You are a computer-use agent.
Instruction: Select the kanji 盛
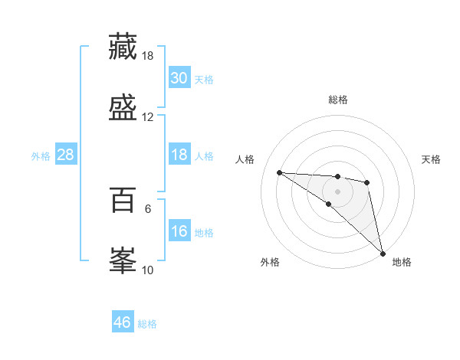coord(123,108)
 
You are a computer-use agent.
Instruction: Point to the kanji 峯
coord(123,260)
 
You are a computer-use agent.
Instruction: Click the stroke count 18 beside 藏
coord(148,56)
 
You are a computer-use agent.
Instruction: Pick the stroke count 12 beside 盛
coord(148,117)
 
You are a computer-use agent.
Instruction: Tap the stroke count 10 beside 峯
coord(148,270)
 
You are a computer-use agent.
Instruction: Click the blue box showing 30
coord(179,78)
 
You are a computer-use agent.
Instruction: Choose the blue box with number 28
coord(66,155)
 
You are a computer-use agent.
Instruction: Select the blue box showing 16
coord(179,231)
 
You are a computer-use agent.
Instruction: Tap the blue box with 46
coord(123,322)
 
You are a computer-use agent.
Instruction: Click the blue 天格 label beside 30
coord(204,80)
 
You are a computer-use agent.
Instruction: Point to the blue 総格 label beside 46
coord(147,324)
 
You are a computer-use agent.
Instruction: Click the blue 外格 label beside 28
coord(41,156)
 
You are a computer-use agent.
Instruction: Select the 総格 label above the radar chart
coord(338,100)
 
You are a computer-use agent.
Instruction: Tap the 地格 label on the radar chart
coord(402,262)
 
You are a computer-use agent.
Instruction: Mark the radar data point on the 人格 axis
coord(280,172)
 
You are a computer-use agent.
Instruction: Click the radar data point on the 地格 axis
coord(383,252)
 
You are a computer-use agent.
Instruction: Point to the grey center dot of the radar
coord(337,191)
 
